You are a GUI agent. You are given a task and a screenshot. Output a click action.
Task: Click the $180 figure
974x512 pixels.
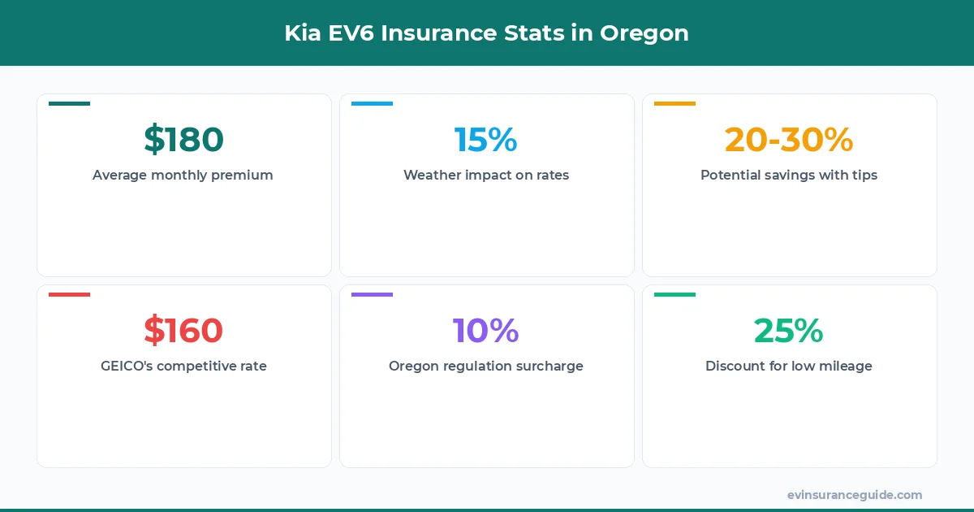(x=183, y=140)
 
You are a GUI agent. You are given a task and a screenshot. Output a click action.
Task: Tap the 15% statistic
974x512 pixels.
(x=485, y=140)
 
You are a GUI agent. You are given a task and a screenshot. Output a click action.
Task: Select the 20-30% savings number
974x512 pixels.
(x=789, y=140)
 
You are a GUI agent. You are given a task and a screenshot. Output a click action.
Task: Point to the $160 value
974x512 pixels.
(x=183, y=331)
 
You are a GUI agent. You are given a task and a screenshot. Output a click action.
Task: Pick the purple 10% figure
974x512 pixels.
(x=485, y=331)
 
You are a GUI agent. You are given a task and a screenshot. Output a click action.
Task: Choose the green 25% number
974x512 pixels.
(x=788, y=331)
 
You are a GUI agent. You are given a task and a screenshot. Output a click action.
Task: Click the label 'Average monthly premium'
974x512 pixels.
(x=183, y=175)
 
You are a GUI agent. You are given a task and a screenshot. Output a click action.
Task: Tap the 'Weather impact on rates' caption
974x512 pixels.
(x=486, y=175)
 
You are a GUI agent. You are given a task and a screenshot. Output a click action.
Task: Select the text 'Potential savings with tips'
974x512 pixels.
(x=789, y=175)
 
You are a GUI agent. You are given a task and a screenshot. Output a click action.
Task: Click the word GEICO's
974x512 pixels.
(x=127, y=366)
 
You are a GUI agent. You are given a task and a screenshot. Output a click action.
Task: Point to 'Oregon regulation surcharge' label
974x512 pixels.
(x=486, y=366)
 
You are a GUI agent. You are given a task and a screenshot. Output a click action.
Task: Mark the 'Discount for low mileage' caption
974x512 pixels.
(x=789, y=366)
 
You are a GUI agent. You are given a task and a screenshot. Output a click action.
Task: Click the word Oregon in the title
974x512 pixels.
(x=644, y=33)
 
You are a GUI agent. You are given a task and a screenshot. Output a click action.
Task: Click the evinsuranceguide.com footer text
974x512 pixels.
(x=855, y=495)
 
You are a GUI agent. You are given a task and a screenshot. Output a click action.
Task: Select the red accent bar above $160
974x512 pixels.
(x=69, y=294)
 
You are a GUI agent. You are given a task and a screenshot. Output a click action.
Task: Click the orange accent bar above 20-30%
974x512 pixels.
(x=674, y=103)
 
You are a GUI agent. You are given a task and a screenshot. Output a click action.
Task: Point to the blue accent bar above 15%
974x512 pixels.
(x=372, y=103)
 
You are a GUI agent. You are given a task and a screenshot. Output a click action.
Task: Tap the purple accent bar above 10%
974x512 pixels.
(x=372, y=294)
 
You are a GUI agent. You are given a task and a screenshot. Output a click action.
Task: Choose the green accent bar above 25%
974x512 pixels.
(x=674, y=294)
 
